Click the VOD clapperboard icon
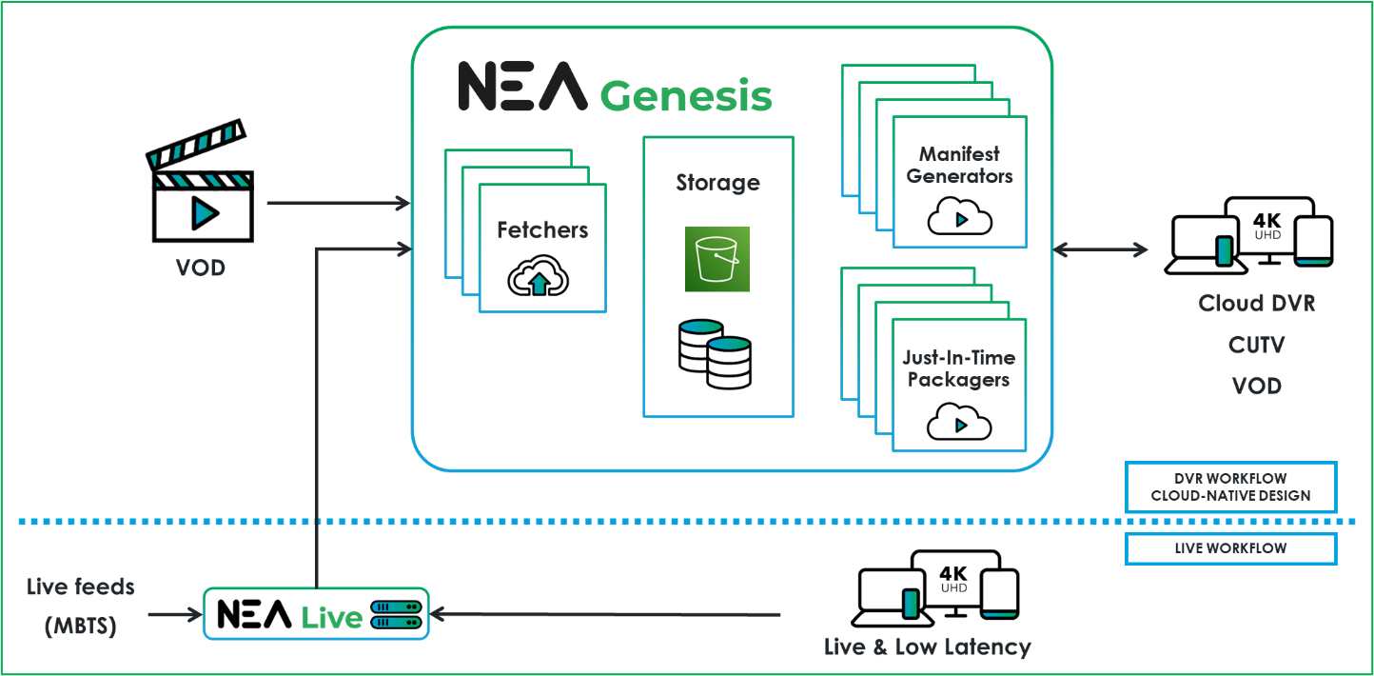pos(202,186)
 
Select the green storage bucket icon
pos(717,259)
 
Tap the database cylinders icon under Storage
pos(715,353)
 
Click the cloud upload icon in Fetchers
pos(540,278)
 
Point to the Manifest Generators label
pos(959,165)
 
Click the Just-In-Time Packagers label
pos(959,368)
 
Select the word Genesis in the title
pos(685,96)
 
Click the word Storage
pos(717,183)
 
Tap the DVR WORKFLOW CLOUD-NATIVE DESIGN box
pos(1230,487)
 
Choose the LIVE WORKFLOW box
pos(1230,548)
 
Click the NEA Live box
pos(316,614)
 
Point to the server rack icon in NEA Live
pos(395,614)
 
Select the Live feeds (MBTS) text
pos(81,606)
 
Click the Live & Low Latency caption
pos(927,647)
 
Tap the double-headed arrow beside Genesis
pos(1100,249)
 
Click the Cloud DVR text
pos(1255,304)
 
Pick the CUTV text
pos(1255,345)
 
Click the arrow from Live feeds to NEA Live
pos(176,614)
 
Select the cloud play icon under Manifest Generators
pos(959,218)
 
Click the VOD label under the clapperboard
pos(201,268)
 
